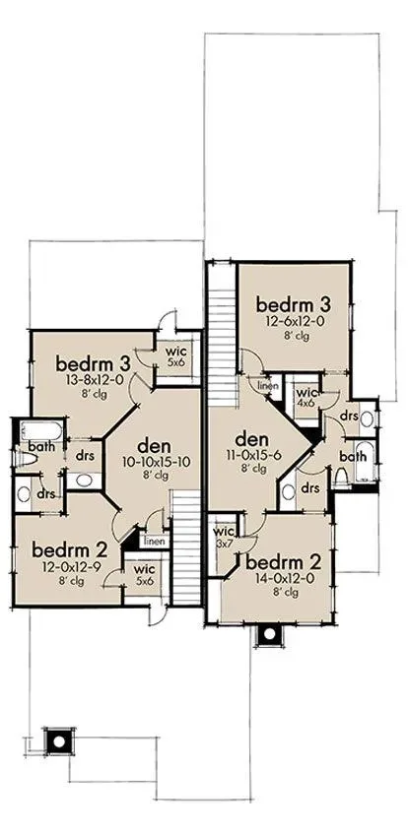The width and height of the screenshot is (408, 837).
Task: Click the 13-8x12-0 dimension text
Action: click(94, 381)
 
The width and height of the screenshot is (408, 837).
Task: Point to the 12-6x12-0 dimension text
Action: click(293, 321)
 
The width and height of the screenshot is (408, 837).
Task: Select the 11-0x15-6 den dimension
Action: click(251, 455)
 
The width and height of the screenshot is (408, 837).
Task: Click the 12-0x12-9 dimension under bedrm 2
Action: click(71, 567)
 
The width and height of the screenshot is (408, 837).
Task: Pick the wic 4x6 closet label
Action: click(305, 397)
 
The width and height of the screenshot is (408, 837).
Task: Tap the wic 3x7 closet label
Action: click(224, 536)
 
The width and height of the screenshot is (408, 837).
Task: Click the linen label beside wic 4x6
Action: click(267, 385)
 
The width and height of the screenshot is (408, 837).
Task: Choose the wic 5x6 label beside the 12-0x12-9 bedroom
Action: click(144, 575)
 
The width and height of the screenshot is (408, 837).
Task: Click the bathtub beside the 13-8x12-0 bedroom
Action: click(41, 429)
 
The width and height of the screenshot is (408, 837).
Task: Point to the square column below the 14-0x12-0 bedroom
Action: click(270, 635)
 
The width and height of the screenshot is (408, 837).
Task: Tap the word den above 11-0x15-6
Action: click(251, 440)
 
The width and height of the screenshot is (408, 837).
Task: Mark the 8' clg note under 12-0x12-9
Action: click(71, 581)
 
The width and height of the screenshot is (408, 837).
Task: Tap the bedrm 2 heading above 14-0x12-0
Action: click(283, 562)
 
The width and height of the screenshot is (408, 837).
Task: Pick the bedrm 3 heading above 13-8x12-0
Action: click(94, 364)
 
